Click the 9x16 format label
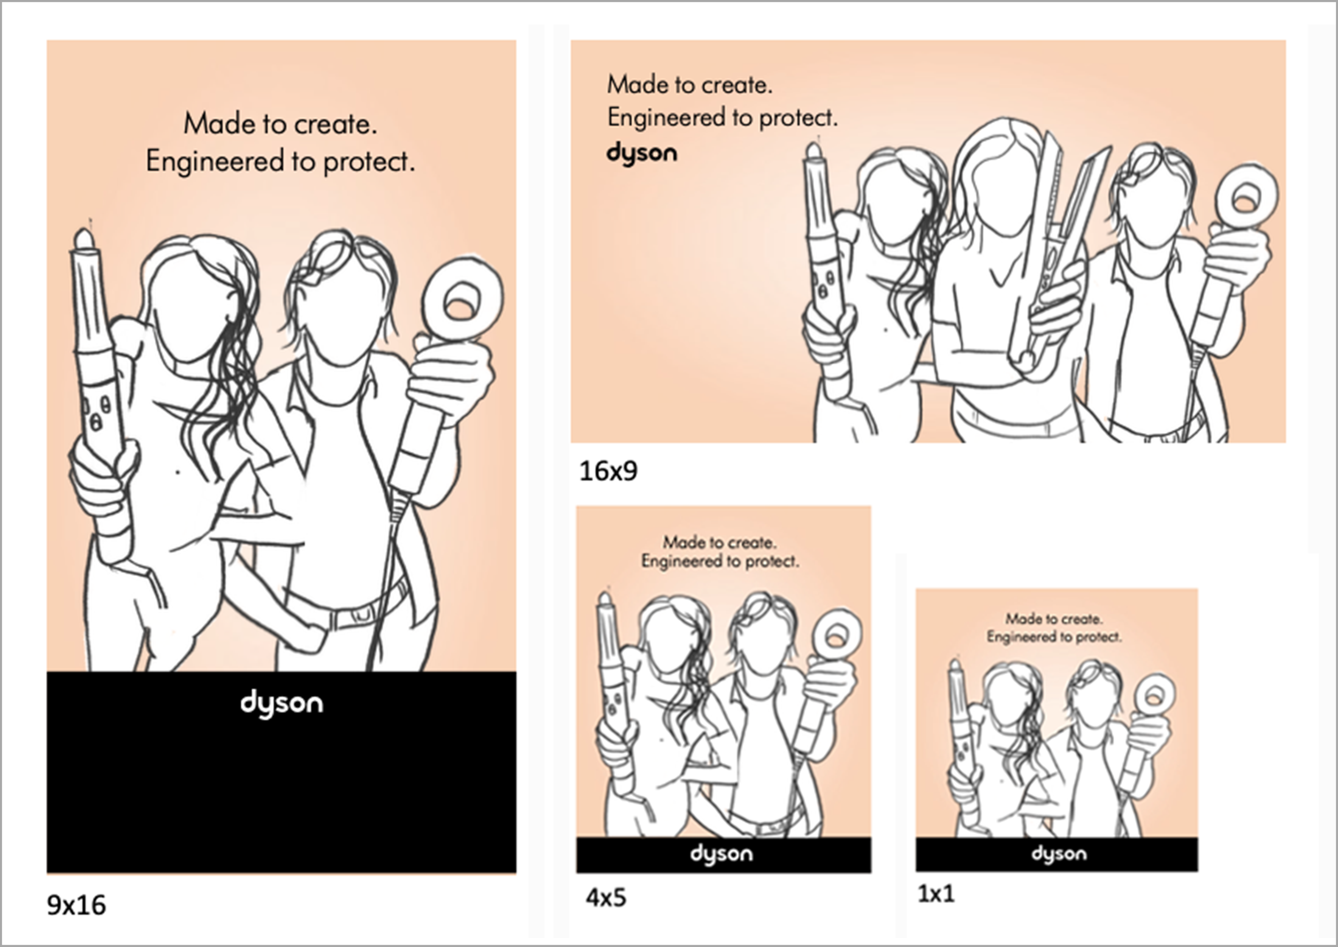(x=77, y=905)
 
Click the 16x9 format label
(x=609, y=471)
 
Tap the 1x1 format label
(x=936, y=893)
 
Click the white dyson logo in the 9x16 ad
(x=282, y=703)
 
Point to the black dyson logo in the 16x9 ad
(x=642, y=154)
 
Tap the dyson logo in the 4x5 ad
(x=721, y=854)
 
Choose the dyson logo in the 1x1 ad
(x=1059, y=854)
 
